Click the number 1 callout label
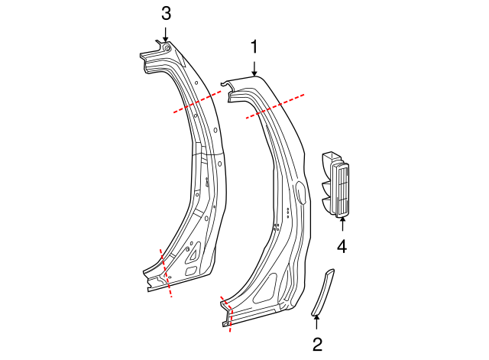pos(255,47)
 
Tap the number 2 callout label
pos(316,345)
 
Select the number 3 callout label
pos(166,13)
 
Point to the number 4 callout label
pos(342,246)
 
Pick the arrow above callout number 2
pos(316,322)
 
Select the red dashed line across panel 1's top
pos(276,107)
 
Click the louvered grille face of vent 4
pos(341,191)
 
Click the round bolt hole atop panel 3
pos(167,48)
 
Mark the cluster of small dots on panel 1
pos(287,212)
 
